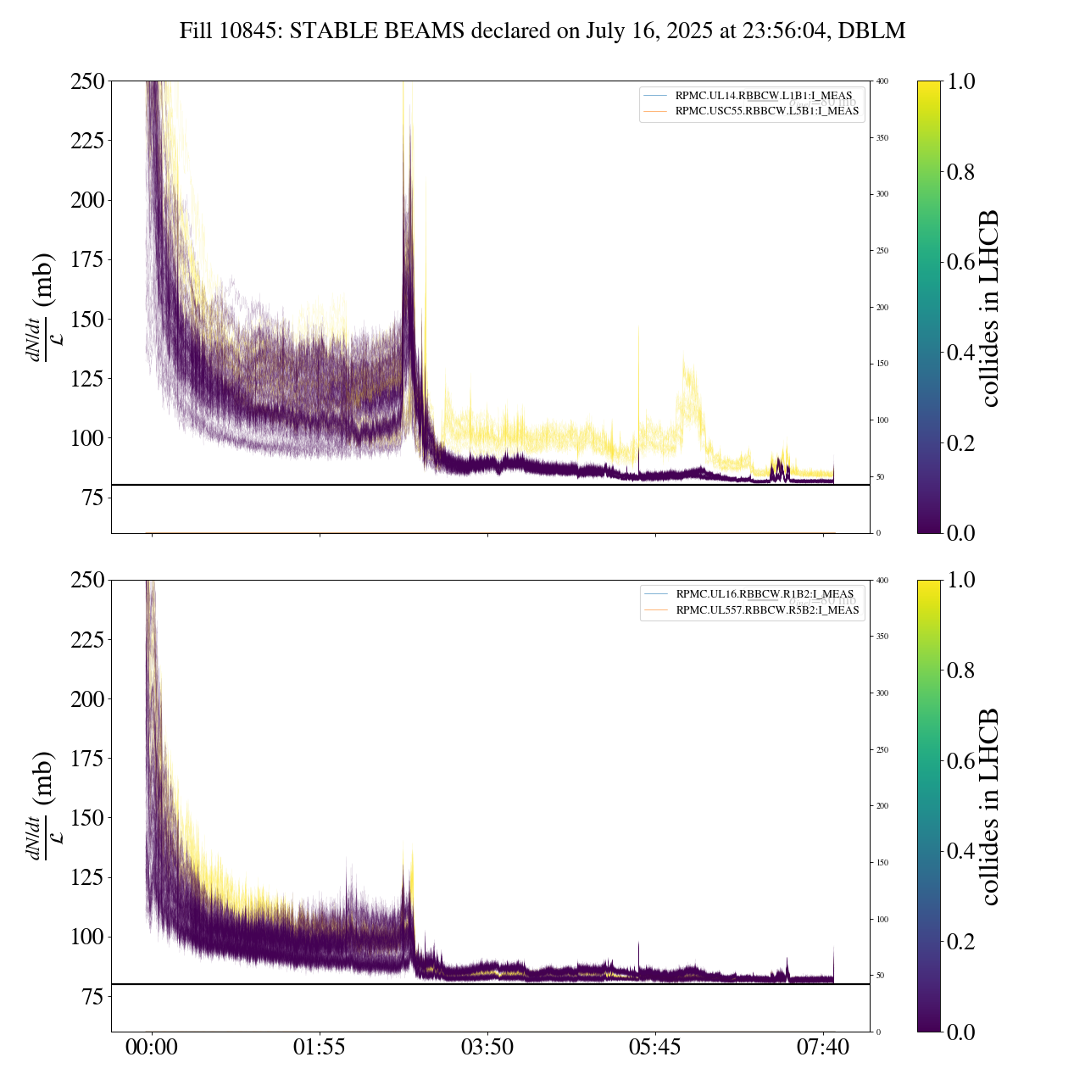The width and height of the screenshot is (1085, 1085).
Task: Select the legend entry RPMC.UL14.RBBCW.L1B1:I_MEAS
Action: coord(763,95)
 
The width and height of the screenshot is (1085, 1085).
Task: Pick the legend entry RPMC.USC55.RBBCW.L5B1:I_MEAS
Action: coord(766,111)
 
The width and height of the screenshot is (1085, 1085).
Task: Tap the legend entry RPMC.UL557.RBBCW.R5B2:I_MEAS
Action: coord(767,610)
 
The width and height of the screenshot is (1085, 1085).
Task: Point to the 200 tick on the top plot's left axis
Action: coord(86,200)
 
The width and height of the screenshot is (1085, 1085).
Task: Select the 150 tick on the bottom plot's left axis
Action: coord(86,818)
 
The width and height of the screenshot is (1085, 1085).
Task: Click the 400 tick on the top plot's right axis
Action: coord(883,81)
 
